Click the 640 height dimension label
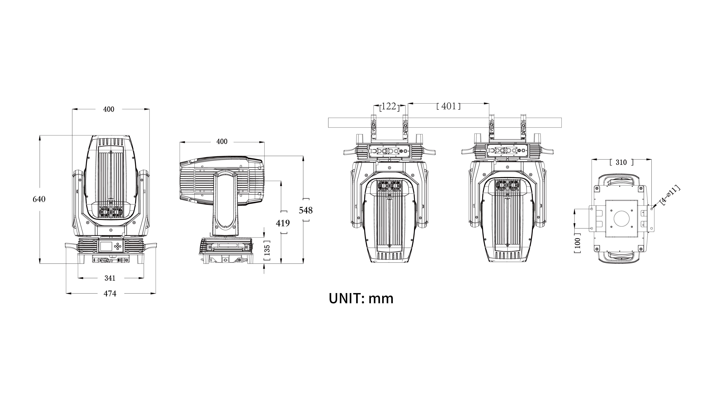[39, 199]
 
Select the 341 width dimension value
[110, 278]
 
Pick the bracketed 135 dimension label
[267, 251]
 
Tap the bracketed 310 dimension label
[621, 162]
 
